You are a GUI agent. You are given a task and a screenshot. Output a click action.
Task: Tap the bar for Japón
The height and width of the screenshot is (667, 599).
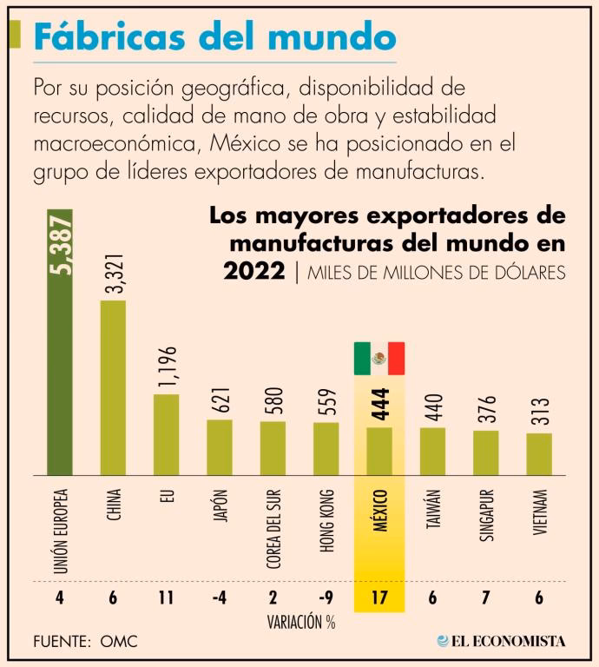pos(219,447)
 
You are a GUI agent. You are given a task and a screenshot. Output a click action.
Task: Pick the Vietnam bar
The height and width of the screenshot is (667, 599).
pos(539,453)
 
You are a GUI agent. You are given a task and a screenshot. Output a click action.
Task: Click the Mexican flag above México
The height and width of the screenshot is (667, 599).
pos(379,358)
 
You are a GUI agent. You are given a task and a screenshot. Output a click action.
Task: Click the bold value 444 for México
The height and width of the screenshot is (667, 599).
pos(380,404)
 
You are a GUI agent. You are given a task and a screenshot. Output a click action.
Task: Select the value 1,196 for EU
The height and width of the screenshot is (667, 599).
pos(168,368)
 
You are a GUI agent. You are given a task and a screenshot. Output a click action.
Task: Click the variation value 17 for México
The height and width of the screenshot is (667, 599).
pos(379,598)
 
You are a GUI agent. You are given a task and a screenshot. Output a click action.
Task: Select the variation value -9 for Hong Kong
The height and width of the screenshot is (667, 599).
pos(325,598)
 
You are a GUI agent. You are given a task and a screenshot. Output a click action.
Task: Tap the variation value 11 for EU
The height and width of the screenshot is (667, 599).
pos(166,598)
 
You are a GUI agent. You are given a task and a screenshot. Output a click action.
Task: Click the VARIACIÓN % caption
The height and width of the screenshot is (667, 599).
pos(301,622)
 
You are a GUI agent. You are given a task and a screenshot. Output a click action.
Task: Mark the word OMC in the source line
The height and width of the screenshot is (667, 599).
pos(119,642)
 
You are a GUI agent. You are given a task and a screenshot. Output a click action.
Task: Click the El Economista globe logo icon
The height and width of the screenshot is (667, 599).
pos(444,641)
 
